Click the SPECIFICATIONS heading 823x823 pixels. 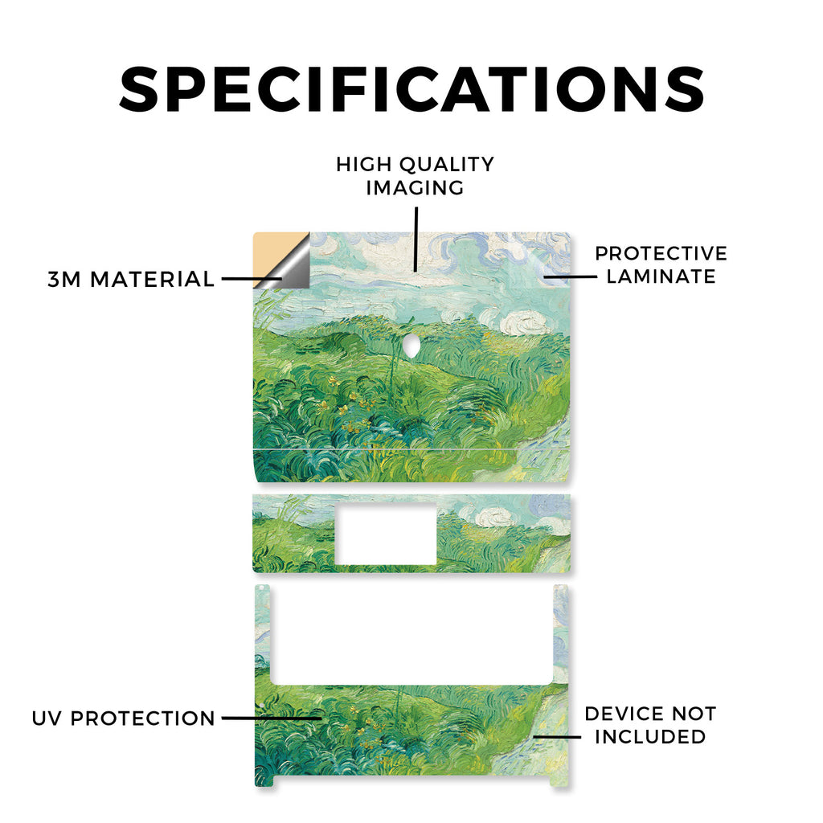click(x=411, y=89)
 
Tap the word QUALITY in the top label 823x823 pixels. click(x=447, y=165)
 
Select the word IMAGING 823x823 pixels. click(x=415, y=188)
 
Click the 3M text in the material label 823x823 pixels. click(x=64, y=279)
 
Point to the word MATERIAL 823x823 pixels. click(x=152, y=279)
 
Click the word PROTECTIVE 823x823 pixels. click(x=661, y=253)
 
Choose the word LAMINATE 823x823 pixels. click(x=661, y=276)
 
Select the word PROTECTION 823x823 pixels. click(x=143, y=719)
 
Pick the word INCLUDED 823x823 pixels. click(x=650, y=737)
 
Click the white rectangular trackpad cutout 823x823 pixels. click(x=385, y=534)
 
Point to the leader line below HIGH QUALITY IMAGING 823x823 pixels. click(x=416, y=240)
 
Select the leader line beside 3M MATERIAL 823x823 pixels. click(x=252, y=279)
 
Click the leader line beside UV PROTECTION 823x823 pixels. click(x=271, y=718)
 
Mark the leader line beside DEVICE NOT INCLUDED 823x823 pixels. click(x=557, y=737)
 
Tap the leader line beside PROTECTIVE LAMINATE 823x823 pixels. click(x=570, y=276)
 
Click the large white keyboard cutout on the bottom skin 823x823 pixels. click(x=412, y=635)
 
